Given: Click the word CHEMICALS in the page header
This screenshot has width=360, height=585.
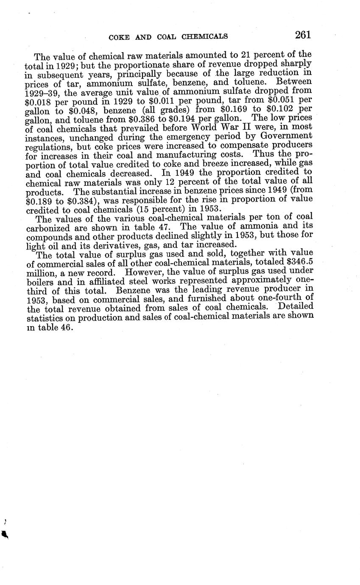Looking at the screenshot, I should click(x=205, y=37).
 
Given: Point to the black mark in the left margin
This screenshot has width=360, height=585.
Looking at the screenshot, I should click(x=5, y=535).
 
